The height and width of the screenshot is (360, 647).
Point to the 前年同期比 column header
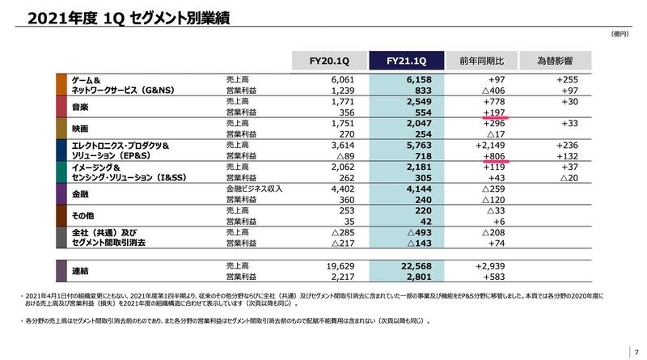click(x=481, y=61)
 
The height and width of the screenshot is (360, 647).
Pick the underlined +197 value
click(x=493, y=114)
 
